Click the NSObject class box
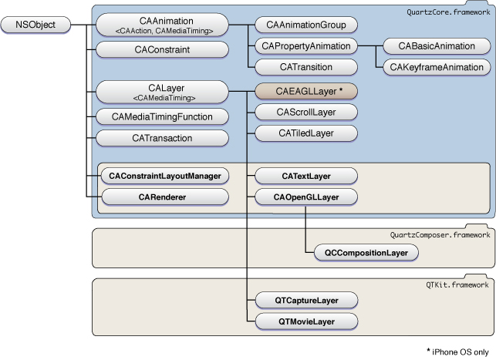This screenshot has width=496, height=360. point(38,25)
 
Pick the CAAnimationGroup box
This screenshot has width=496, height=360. point(305,25)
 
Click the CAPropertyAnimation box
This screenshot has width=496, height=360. point(305,45)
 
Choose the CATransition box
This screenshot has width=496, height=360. point(305,66)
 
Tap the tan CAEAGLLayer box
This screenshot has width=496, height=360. point(305,92)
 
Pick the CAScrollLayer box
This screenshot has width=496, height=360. point(305,113)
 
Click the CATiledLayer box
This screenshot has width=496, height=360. point(305,133)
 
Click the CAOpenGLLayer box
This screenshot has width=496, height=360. point(305,197)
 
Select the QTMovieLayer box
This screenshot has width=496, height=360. point(305,320)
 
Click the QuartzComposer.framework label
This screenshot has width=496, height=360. point(439,234)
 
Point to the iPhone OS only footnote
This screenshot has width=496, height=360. point(458,350)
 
